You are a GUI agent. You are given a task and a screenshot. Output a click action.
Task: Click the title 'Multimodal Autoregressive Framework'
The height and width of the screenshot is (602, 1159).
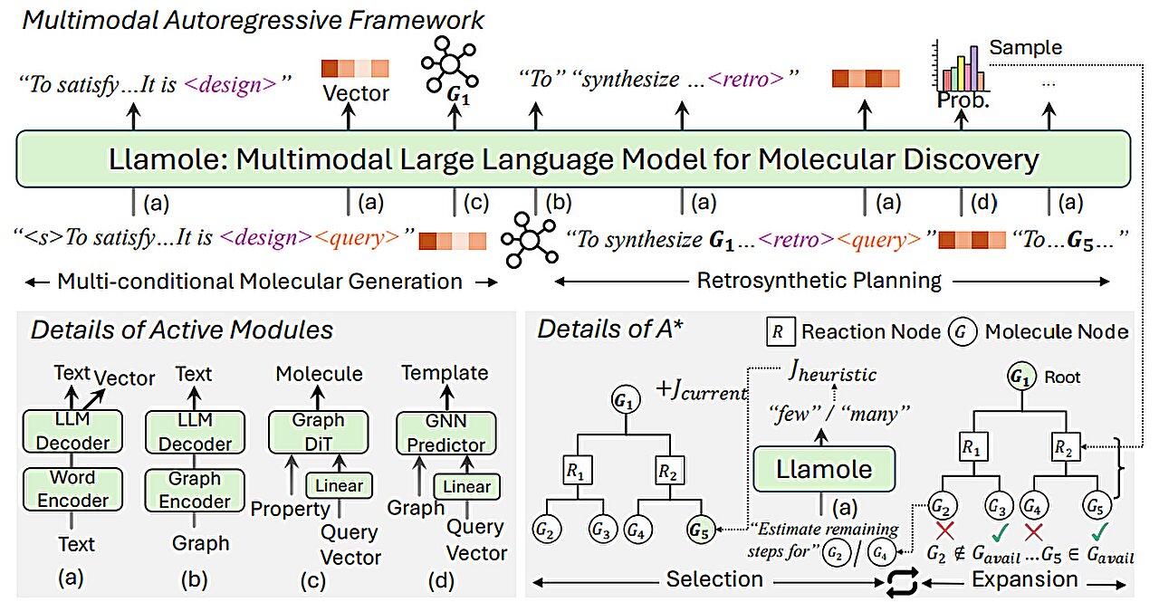click(x=254, y=20)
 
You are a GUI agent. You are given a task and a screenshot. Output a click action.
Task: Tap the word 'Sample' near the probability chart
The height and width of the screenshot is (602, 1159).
click(x=1025, y=46)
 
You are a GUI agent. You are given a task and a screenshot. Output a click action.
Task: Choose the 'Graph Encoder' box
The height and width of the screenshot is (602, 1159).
click(x=195, y=490)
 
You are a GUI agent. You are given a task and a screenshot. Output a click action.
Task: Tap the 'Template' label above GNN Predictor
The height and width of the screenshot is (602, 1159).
click(x=445, y=372)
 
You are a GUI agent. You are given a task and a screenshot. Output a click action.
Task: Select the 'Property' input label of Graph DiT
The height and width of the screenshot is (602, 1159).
click(x=290, y=509)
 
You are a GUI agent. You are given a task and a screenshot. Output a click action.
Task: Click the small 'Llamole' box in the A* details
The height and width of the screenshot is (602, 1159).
click(x=823, y=468)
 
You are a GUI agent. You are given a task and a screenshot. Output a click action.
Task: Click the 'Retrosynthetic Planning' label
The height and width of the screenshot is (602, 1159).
click(x=819, y=280)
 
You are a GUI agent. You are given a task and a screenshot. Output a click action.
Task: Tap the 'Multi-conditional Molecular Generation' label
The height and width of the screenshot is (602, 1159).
click(x=260, y=281)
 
